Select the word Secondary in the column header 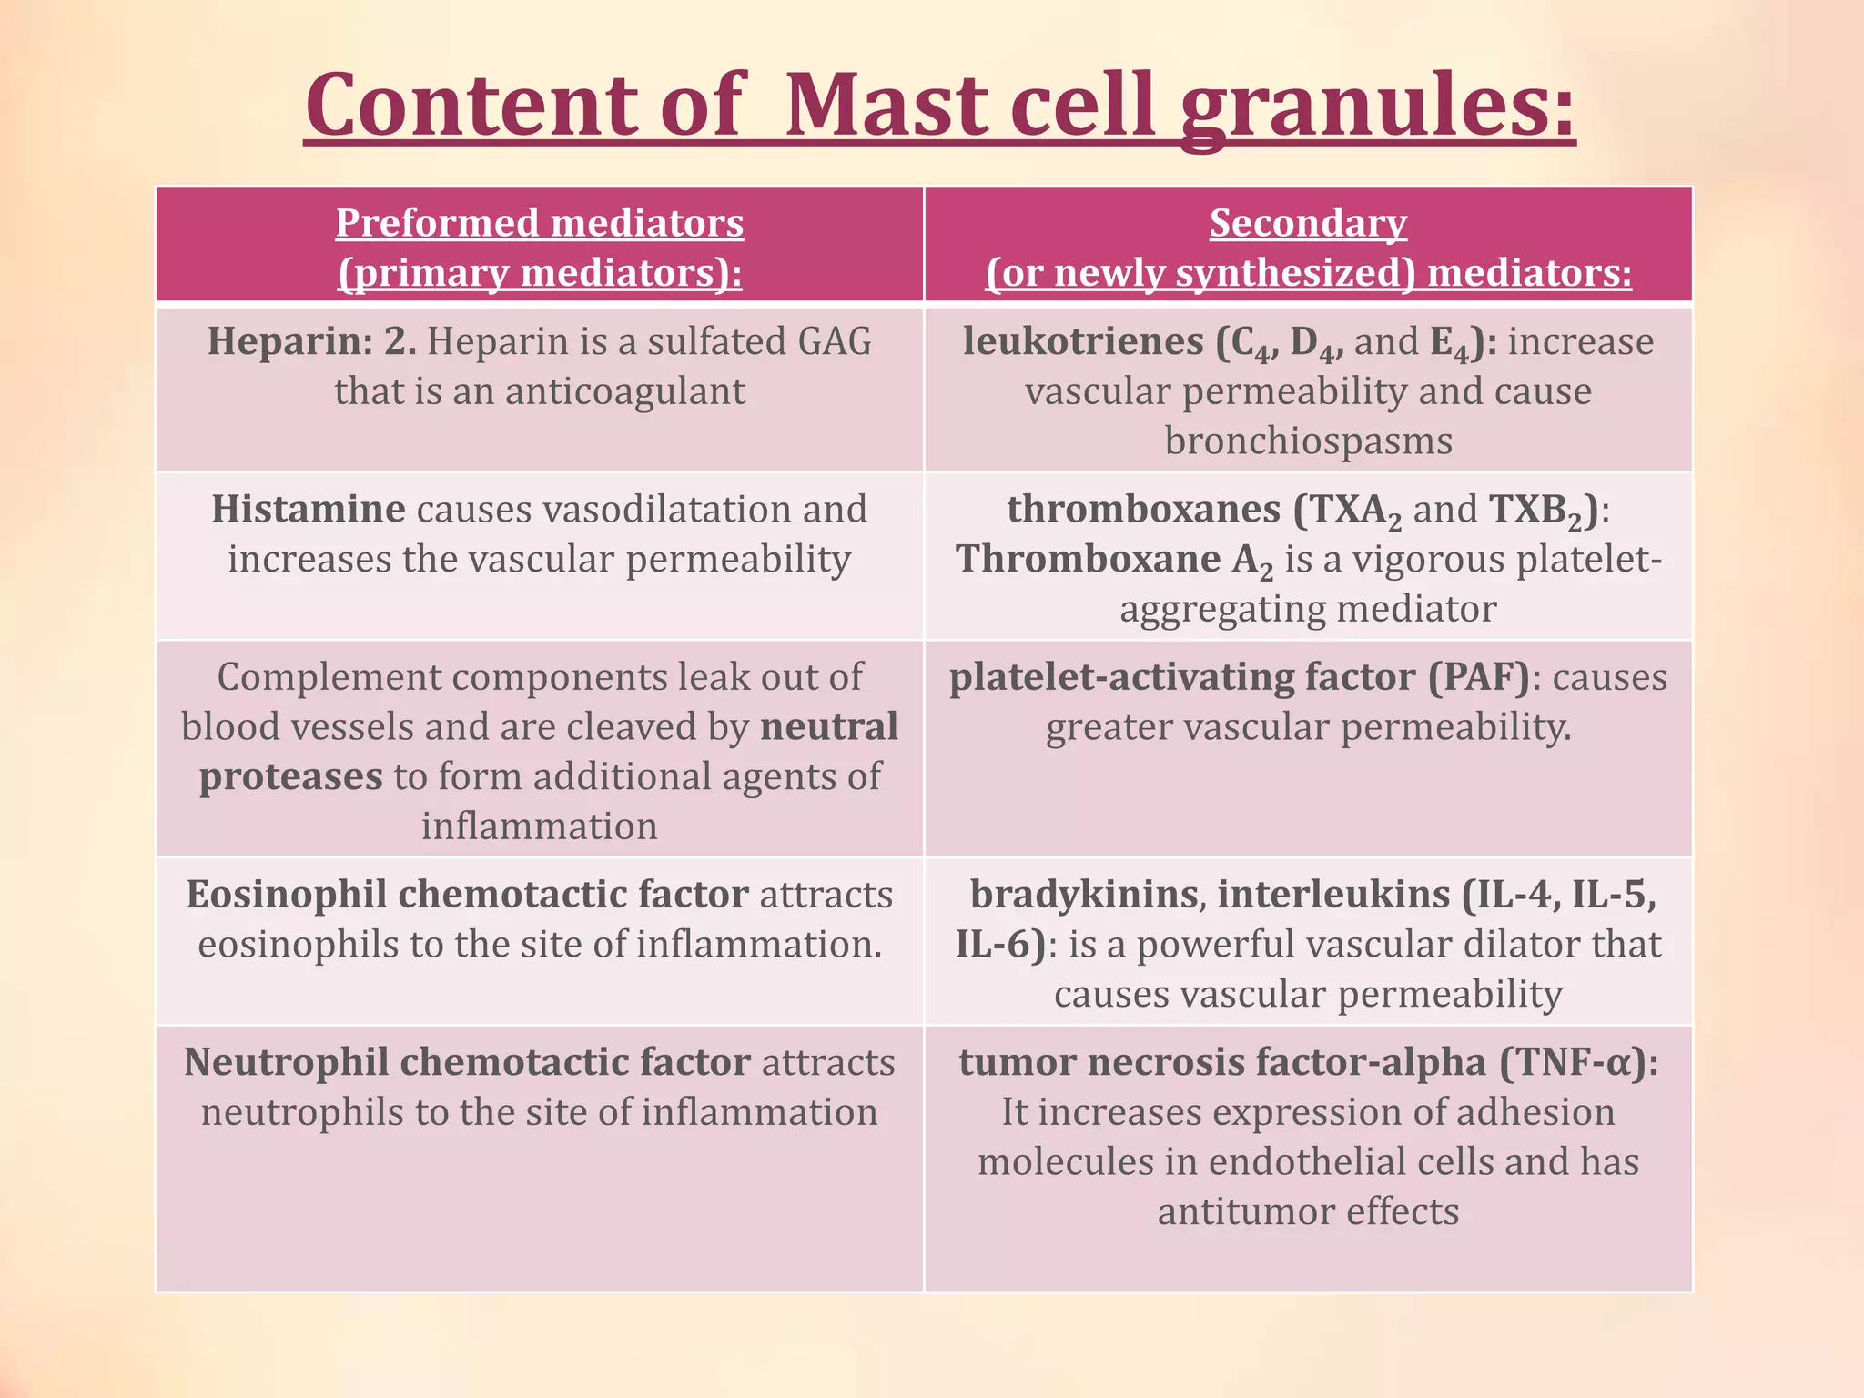1308,223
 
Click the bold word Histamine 308,510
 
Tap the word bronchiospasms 1308,441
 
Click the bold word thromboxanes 1143,510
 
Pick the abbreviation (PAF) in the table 1478,678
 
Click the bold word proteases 291,777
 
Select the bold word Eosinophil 287,895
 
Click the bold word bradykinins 1083,895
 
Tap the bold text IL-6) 999,945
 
